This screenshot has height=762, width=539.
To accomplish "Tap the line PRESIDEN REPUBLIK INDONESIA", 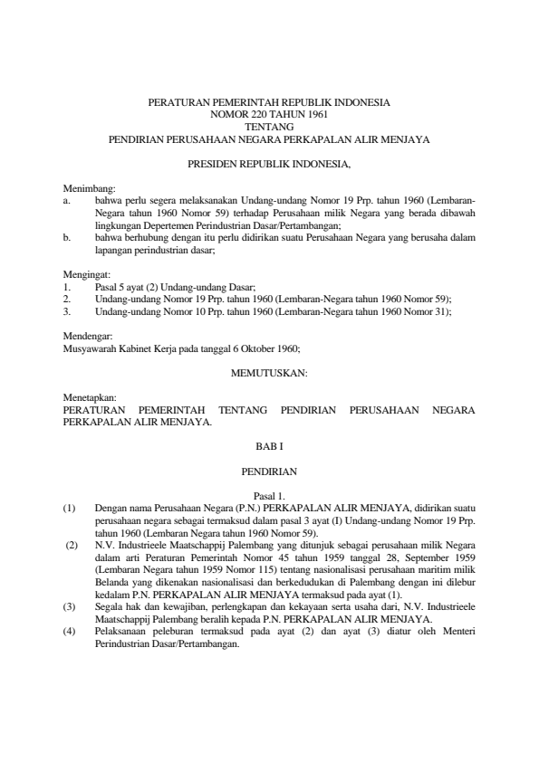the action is pyautogui.click(x=269, y=164).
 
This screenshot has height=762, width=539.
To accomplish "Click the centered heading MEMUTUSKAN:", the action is pyautogui.click(x=269, y=372).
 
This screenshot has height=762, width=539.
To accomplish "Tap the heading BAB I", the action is pyautogui.click(x=269, y=446).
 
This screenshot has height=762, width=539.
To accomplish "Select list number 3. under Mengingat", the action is pyautogui.click(x=67, y=310).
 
